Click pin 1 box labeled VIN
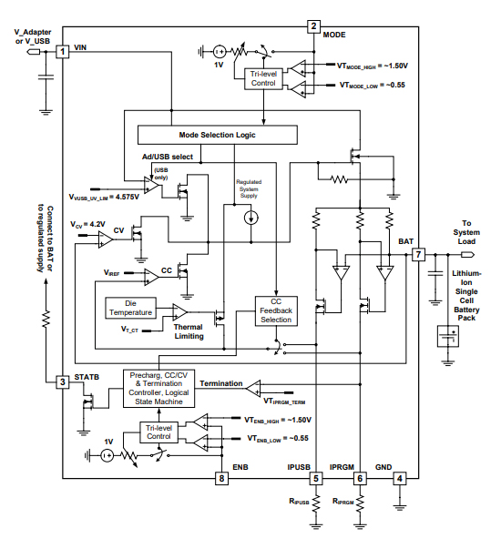63,52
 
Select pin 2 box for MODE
313,26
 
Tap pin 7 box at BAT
418,255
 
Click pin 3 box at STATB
63,381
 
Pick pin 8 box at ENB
220,477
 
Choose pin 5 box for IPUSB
314,477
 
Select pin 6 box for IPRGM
360,477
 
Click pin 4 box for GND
398,477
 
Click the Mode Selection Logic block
217,135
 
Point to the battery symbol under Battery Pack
447,338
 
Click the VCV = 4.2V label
89,223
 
